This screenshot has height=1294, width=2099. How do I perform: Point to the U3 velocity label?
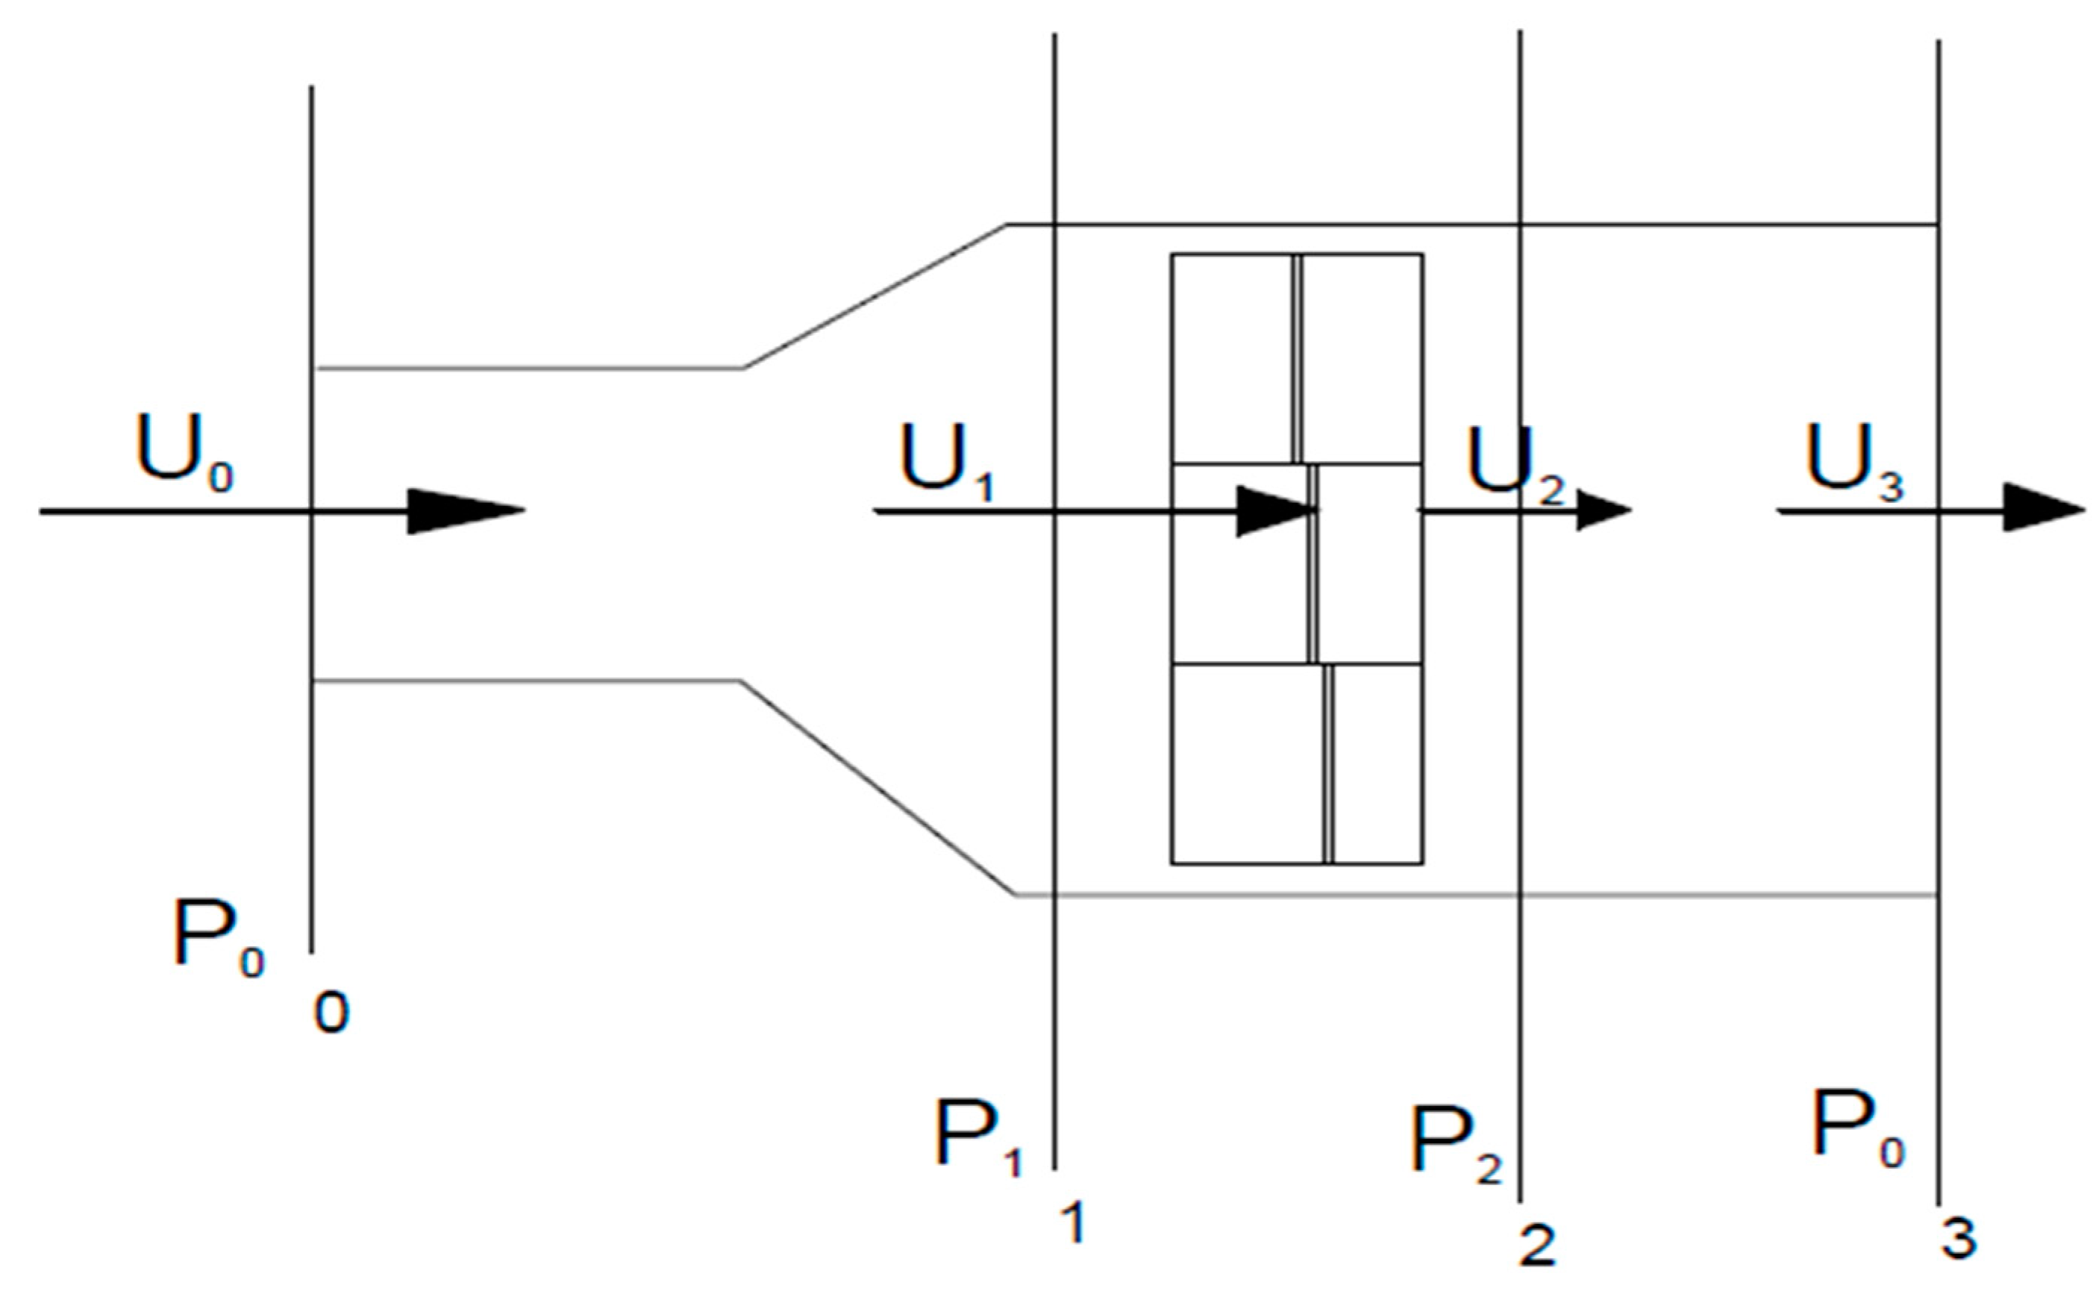pyautogui.click(x=1854, y=462)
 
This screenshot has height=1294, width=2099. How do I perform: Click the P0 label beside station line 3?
pyautogui.click(x=1856, y=1130)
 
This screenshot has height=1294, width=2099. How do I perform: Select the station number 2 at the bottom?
pyautogui.click(x=1537, y=1245)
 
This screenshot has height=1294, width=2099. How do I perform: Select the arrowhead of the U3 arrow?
pyautogui.click(x=2041, y=511)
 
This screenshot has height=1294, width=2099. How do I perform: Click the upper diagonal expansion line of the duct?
pyautogui.click(x=875, y=296)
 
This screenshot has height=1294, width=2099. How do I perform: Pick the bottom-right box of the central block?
pyautogui.click(x=1377, y=763)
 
